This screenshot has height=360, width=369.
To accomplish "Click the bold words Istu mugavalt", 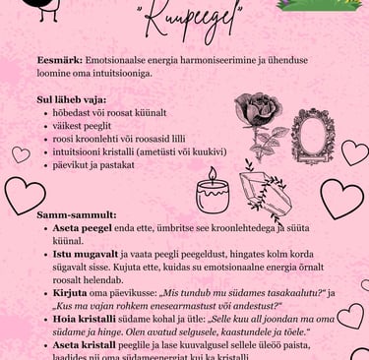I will [x=85, y=253].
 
